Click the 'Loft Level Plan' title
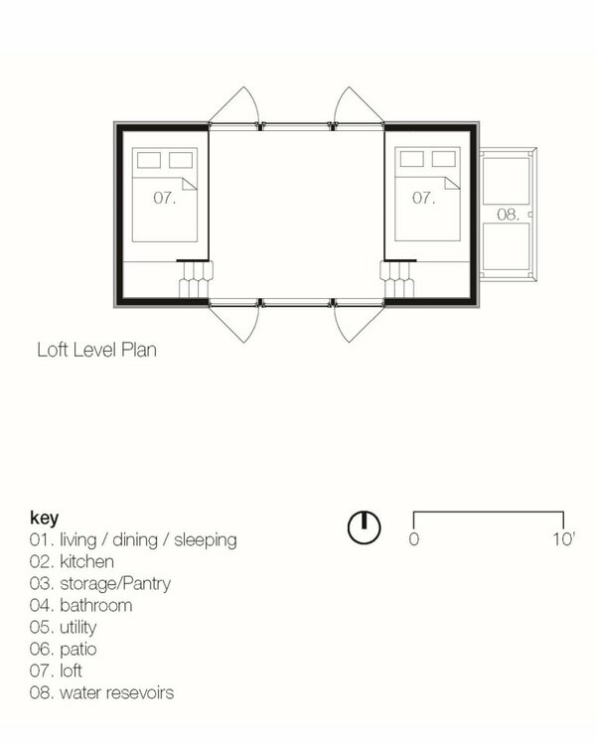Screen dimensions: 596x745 [x=97, y=351]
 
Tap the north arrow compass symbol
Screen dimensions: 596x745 [x=365, y=527]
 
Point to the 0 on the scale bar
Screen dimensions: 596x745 [x=414, y=539]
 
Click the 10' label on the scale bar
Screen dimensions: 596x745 [x=563, y=539]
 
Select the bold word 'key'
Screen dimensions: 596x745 [x=44, y=518]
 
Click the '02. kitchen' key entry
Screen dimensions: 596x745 [x=72, y=561]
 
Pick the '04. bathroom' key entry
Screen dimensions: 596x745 [x=80, y=605]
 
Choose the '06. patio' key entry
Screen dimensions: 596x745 [x=64, y=649]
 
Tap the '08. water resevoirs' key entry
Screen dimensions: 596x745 [x=101, y=692]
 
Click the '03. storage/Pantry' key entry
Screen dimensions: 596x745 [x=100, y=584]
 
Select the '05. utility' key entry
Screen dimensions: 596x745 [x=64, y=628]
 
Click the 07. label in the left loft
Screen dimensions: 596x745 [x=165, y=198]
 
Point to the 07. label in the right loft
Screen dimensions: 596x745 [x=423, y=198]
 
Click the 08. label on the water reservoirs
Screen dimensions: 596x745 [x=508, y=215]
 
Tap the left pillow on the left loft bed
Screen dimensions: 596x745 [x=149, y=160]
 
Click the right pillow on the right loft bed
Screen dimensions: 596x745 [x=444, y=159]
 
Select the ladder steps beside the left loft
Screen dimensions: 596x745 [x=196, y=279]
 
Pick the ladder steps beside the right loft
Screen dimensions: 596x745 [x=397, y=279]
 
